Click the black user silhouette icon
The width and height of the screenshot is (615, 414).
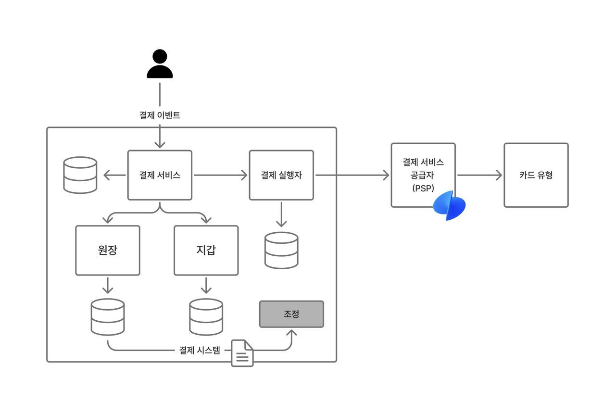[160, 64]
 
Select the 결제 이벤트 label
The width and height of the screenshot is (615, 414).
[160, 115]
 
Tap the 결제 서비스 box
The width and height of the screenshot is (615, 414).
[160, 175]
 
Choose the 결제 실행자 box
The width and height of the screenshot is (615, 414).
[281, 175]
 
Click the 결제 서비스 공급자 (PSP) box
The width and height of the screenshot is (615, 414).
[423, 175]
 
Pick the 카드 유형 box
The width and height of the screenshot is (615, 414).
[536, 175]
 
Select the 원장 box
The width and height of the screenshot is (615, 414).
[108, 250]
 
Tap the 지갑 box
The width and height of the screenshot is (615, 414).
[206, 250]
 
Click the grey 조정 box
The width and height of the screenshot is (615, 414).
[291, 314]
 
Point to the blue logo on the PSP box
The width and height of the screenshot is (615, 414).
[449, 205]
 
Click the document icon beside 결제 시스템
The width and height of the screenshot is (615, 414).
[242, 353]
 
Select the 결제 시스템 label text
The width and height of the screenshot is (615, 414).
[200, 350]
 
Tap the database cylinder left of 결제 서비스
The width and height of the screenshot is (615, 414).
[80, 175]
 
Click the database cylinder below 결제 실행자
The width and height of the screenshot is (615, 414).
[281, 250]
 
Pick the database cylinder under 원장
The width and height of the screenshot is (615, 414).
[108, 317]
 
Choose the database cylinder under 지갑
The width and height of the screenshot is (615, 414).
[206, 317]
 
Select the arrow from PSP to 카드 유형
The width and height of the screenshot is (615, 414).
[479, 175]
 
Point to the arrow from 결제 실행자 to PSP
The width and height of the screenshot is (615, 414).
[352, 175]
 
